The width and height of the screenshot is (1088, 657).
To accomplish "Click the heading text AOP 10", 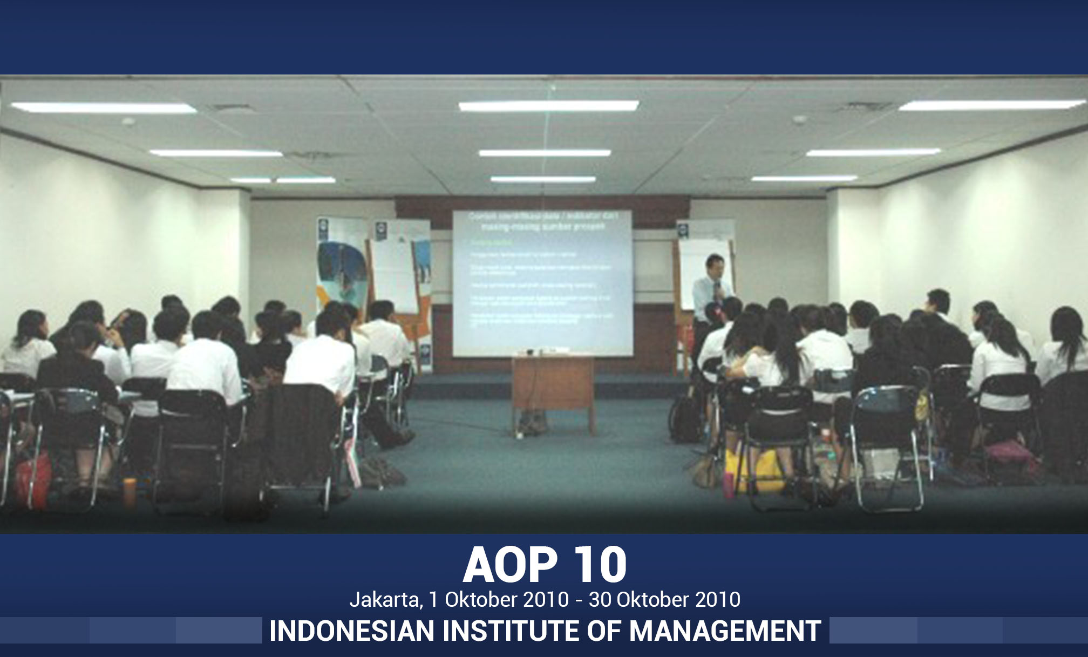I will (x=544, y=565).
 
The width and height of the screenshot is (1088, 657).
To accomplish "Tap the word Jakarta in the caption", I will (x=385, y=600).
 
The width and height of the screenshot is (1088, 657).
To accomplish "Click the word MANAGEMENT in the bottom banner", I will (x=725, y=631).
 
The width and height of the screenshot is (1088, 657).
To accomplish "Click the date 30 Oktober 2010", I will (x=664, y=600).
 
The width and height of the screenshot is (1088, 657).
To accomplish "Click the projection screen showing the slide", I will (x=542, y=283).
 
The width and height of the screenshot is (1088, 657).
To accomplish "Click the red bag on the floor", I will (x=32, y=480).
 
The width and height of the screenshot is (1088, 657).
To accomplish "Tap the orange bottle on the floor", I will (x=129, y=491).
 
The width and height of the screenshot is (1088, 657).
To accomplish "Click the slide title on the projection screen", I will (x=542, y=221).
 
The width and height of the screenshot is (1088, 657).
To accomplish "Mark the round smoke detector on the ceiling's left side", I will (x=128, y=121).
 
